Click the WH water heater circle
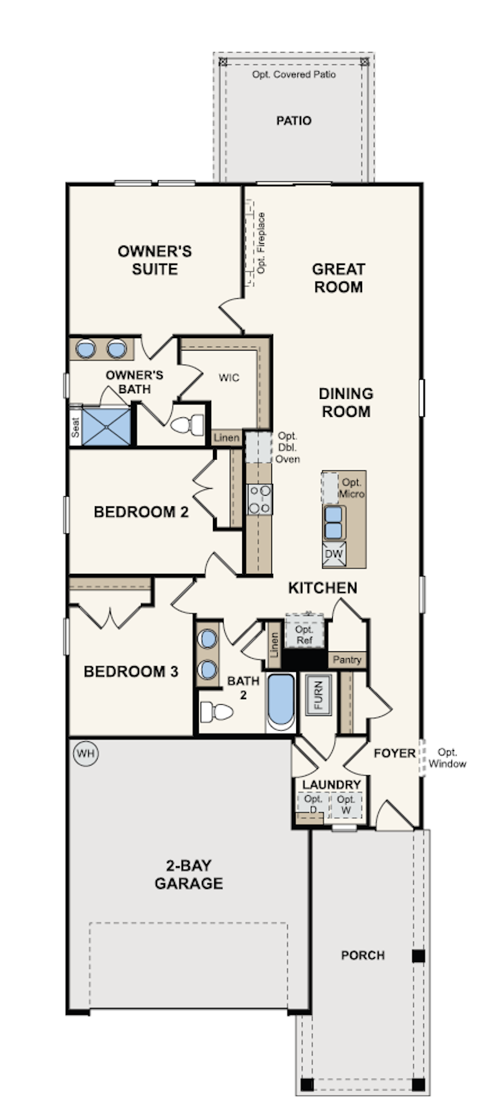pyautogui.click(x=86, y=754)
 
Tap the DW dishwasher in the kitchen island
pyautogui.click(x=334, y=554)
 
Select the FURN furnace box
pyautogui.click(x=319, y=695)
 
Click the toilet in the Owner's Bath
pyautogui.click(x=188, y=425)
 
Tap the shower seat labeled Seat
pyautogui.click(x=75, y=426)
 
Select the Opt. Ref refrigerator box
pyautogui.click(x=304, y=632)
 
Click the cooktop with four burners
pyautogui.click(x=260, y=499)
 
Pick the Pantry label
pyautogui.click(x=347, y=659)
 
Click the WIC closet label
pyautogui.click(x=229, y=378)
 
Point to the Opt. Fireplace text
pyautogui.click(x=261, y=243)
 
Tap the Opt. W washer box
pyautogui.click(x=346, y=805)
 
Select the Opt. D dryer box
pyautogui.click(x=313, y=805)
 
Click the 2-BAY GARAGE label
pyautogui.click(x=189, y=874)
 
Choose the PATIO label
pyautogui.click(x=294, y=120)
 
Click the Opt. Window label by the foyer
pyautogui.click(x=447, y=758)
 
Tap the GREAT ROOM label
pyautogui.click(x=338, y=278)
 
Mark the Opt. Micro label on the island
pyautogui.click(x=351, y=488)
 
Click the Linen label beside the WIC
pyautogui.click(x=227, y=438)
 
